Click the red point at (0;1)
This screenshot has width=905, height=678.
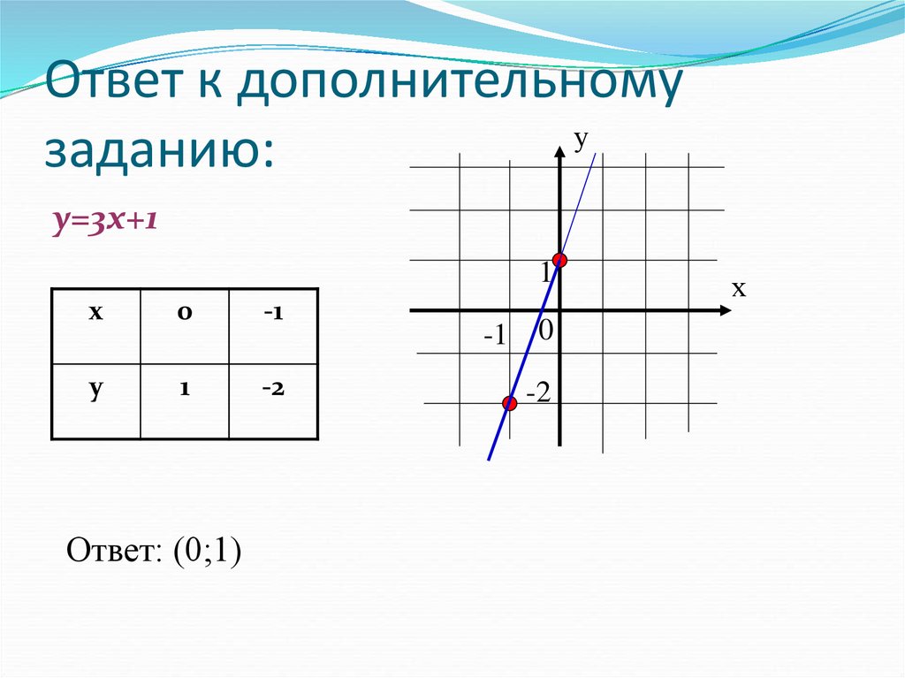(x=559, y=260)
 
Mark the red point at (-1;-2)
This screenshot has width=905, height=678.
(x=509, y=404)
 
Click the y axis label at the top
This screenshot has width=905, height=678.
(x=581, y=140)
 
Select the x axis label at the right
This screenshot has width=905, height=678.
(x=738, y=288)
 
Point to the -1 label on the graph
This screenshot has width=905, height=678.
(x=494, y=337)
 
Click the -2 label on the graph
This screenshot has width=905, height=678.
(x=538, y=393)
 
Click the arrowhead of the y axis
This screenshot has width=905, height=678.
(x=559, y=152)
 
